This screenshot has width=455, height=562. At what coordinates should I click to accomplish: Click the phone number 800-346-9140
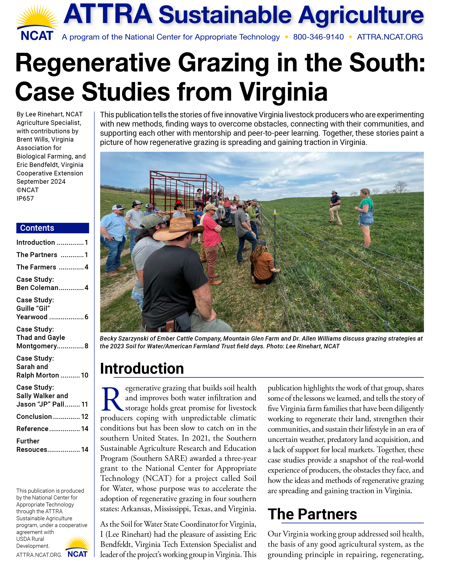click(x=318, y=37)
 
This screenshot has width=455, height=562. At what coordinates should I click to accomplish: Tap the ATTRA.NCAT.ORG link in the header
click(x=390, y=37)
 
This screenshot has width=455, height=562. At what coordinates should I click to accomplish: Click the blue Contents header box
click(x=52, y=228)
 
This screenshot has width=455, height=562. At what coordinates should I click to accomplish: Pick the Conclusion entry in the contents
click(x=34, y=417)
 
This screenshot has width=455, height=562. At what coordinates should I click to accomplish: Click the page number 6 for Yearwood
click(x=86, y=317)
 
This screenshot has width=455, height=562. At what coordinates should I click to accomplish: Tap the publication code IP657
click(x=25, y=198)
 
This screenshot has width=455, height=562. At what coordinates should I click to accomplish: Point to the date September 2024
click(x=41, y=182)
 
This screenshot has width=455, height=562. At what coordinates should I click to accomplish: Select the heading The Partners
click(x=312, y=514)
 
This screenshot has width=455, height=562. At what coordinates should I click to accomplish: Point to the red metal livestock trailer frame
click(x=183, y=188)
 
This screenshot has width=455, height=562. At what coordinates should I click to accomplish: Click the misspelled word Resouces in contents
click(x=32, y=449)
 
